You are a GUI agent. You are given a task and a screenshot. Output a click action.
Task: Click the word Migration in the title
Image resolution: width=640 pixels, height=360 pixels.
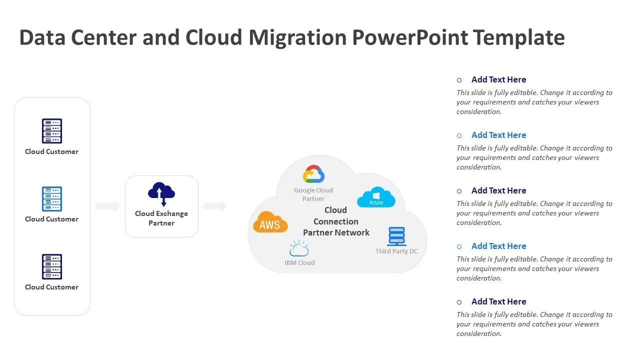297,37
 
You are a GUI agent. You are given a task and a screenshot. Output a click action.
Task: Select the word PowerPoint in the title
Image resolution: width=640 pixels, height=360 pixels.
409,37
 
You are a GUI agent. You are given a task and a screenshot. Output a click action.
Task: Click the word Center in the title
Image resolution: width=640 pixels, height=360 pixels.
103,37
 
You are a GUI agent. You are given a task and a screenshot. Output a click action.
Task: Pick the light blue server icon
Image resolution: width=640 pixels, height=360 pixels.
52,199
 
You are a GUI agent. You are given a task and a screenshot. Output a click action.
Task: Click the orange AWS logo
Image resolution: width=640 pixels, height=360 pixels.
270,223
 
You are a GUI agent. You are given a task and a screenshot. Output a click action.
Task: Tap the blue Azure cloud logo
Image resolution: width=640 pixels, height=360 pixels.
376,197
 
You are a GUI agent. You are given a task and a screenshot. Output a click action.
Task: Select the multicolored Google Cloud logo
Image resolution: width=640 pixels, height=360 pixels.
313,174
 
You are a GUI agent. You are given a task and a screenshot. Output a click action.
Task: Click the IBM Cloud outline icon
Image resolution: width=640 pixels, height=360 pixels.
299,249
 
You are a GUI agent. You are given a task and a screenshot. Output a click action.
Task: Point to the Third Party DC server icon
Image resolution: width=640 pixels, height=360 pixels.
396,236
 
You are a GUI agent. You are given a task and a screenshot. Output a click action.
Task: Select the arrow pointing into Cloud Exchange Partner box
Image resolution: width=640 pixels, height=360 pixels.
107,206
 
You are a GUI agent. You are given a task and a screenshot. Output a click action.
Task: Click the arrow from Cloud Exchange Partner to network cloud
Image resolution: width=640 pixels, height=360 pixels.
215,206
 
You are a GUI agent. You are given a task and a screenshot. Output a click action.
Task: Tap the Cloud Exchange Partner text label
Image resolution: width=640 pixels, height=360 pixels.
161,218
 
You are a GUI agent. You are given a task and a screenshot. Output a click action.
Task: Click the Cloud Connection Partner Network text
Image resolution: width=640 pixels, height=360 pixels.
336,221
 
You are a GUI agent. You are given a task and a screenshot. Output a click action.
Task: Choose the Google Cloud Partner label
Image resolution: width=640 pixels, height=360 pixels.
313,194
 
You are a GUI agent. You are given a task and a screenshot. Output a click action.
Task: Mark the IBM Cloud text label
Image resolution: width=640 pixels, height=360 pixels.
299,262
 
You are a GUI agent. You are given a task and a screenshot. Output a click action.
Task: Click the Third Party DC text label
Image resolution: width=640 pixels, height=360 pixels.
396,251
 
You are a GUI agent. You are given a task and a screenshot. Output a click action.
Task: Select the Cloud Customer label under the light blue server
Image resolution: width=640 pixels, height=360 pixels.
52,219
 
